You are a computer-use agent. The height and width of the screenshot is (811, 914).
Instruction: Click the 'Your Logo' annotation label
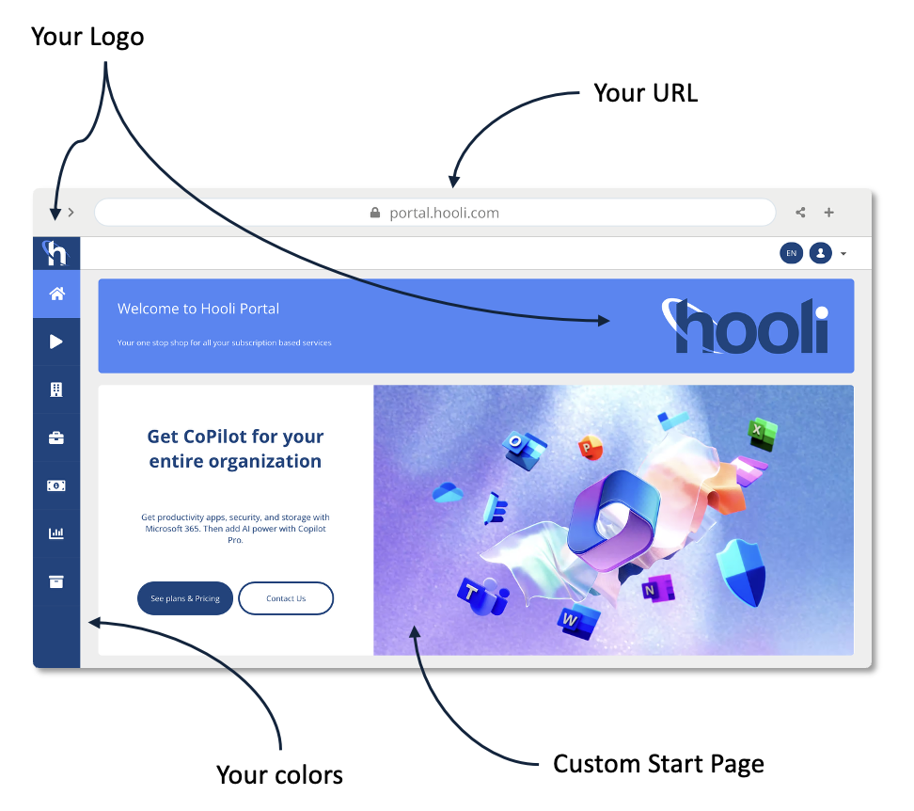tap(87, 37)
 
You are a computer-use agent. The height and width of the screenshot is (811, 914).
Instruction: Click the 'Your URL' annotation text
tap(645, 93)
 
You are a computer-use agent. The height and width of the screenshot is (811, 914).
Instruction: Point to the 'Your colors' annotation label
tap(279, 774)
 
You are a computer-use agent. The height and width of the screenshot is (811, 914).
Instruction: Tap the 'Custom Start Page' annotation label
tap(658, 763)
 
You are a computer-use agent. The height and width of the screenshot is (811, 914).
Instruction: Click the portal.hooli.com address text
tap(444, 213)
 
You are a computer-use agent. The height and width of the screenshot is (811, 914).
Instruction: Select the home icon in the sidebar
tap(56, 294)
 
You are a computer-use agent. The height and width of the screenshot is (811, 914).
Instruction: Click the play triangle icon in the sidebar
tap(56, 342)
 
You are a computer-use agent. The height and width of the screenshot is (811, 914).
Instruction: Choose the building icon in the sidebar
tap(56, 390)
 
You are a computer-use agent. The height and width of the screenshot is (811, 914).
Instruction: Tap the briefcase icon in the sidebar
tap(56, 437)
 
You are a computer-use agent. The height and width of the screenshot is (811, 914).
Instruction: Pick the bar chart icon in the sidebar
tap(56, 533)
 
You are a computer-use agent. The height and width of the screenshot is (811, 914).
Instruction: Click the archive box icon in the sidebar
tap(56, 581)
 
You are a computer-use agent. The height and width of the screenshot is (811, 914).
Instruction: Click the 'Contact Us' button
tap(286, 598)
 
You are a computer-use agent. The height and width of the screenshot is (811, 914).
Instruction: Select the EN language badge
tap(791, 253)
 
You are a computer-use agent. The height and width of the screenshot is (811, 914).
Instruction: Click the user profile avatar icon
tap(820, 253)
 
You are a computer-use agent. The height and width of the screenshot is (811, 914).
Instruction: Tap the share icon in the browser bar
tap(800, 213)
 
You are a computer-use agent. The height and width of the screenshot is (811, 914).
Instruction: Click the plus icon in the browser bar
tap(828, 213)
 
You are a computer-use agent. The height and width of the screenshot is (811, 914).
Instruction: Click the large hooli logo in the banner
tap(747, 326)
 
